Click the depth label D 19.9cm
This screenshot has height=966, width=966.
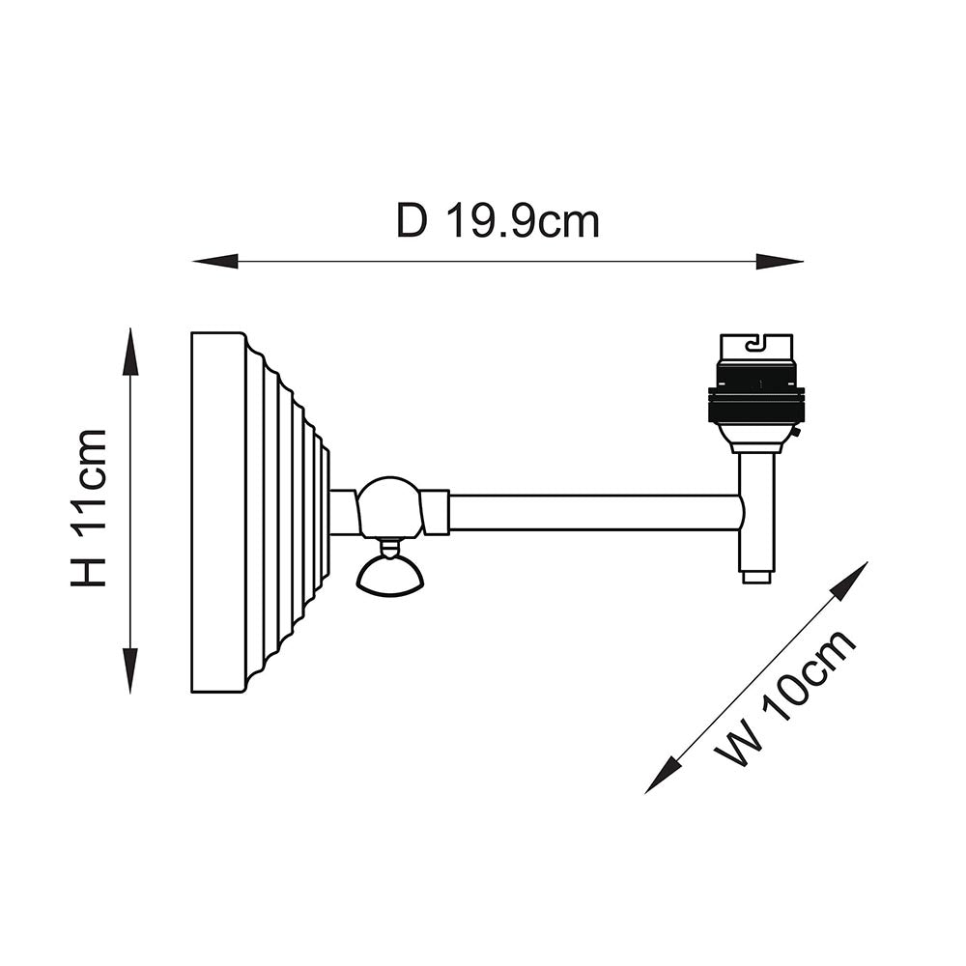coord(497,221)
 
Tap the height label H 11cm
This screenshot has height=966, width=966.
coord(89,508)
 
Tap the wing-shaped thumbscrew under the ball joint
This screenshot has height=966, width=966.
coord(389,578)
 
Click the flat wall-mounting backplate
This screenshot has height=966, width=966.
coord(218,512)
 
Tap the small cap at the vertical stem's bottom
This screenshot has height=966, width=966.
coord(756,578)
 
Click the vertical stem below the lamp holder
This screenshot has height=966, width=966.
coord(756,512)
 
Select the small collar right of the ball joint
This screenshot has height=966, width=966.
coord(436,512)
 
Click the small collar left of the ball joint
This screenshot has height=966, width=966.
coord(344,512)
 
